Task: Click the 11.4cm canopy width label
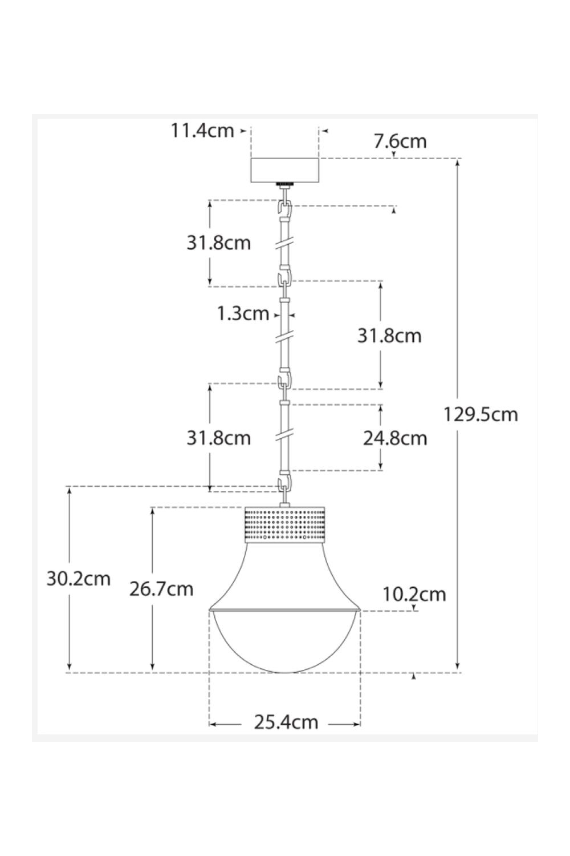202,131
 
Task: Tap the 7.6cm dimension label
400,141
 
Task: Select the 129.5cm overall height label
481,414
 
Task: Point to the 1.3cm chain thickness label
243,313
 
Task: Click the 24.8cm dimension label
395,438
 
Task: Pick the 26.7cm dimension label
161,588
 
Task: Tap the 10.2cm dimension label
414,594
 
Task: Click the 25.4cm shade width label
286,722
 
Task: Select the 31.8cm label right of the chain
389,336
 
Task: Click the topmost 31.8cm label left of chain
219,243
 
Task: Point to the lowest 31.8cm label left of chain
219,438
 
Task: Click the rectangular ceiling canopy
285,170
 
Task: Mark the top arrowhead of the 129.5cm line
458,163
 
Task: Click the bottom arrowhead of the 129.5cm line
458,668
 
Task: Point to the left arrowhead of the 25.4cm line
213,724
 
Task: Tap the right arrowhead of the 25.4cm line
358,724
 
